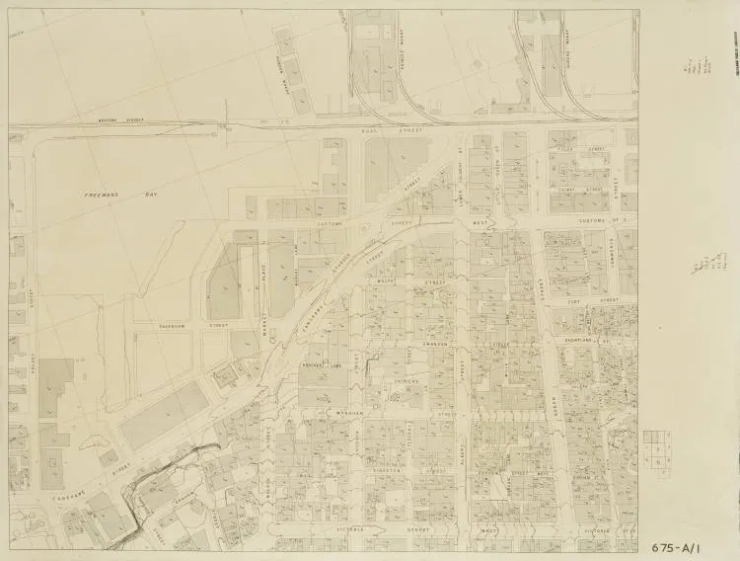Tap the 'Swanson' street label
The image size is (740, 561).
click(x=436, y=344)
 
